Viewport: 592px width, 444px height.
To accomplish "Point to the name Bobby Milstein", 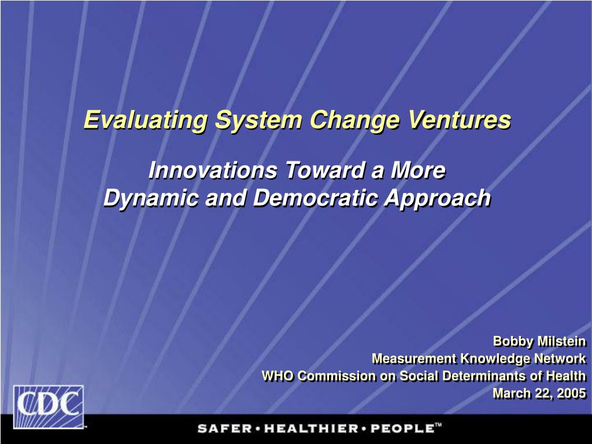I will pos(539,341).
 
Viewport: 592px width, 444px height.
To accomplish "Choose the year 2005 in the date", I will pos(572,393).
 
